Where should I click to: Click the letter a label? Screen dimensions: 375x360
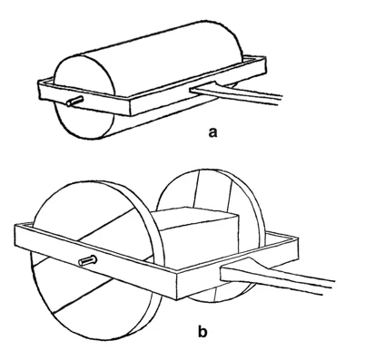212,132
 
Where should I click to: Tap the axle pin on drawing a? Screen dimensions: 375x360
74,101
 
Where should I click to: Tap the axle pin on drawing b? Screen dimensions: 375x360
87,260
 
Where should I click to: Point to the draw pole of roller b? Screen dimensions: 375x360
275,277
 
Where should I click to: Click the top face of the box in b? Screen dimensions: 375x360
195,219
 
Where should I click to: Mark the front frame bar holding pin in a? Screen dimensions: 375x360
84,97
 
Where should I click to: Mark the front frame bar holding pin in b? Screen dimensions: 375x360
97,260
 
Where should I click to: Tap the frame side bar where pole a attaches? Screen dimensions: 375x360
198,84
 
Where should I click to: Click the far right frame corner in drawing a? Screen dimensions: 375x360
266,57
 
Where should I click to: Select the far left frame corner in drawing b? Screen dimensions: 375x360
15,225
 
